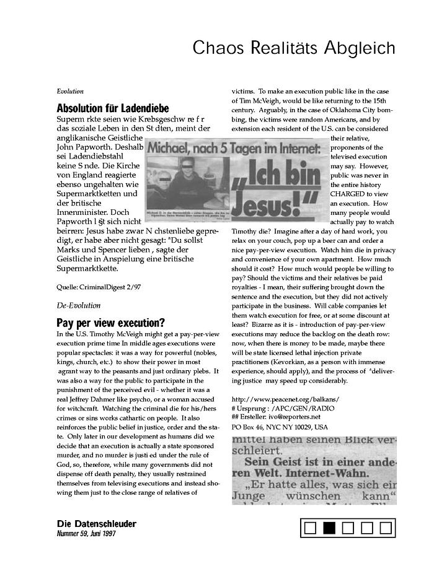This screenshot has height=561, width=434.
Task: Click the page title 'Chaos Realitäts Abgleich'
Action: point(293,47)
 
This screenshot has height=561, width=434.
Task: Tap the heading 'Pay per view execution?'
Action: point(110,323)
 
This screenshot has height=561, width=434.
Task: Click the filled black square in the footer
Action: point(329,528)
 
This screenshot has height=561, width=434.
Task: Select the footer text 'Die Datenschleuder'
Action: point(96,524)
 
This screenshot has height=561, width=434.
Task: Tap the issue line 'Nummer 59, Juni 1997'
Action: point(86,533)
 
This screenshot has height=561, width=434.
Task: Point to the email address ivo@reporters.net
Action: point(294,417)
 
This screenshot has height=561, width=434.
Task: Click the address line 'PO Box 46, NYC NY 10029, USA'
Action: point(280,427)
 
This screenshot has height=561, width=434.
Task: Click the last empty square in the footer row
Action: point(386,528)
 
